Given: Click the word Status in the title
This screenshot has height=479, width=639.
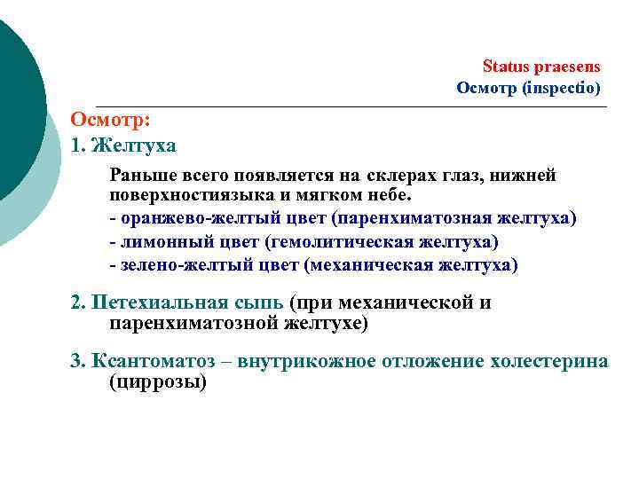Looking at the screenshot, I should pyautogui.click(x=503, y=67).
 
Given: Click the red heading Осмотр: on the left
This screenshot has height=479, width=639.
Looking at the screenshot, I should pyautogui.click(x=110, y=121).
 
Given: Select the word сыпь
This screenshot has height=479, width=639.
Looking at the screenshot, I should pyautogui.click(x=257, y=302).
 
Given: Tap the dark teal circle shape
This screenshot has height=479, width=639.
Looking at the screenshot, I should pyautogui.click(x=13, y=106).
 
